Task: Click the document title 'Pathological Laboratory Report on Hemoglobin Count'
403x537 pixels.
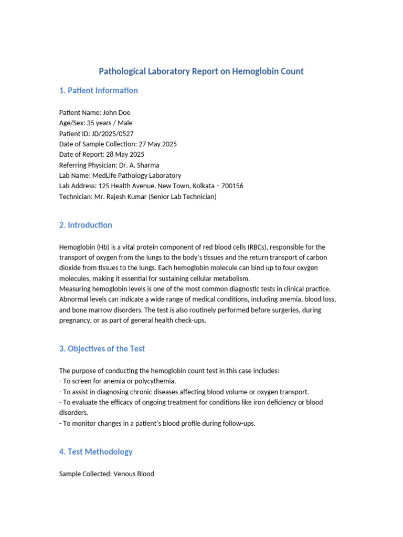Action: coord(201,71)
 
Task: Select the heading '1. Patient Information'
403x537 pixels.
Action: coord(99,90)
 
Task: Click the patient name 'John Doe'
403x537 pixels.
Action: coord(116,113)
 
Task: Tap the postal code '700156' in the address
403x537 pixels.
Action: coord(232,186)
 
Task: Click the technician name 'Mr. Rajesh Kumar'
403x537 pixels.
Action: coord(123,197)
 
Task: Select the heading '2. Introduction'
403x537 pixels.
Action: coord(86,225)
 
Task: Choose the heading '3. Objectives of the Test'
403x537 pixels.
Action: coord(102,349)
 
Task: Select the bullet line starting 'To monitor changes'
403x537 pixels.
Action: coord(157,423)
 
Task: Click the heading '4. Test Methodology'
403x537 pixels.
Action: coord(96,452)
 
